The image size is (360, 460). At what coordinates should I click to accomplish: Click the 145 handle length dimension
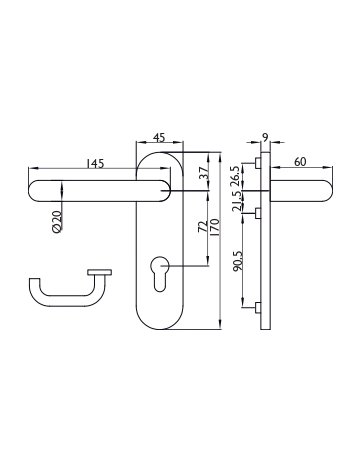click(95, 164)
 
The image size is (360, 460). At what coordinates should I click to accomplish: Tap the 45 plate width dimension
click(159, 137)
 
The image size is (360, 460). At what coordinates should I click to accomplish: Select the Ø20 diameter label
click(57, 222)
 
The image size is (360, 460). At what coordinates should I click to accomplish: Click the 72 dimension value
click(202, 226)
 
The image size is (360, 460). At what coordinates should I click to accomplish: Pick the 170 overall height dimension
click(214, 228)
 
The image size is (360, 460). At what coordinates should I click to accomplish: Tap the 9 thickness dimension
click(265, 137)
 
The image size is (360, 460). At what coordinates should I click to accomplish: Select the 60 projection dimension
click(300, 162)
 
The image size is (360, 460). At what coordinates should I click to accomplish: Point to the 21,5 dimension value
click(237, 201)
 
